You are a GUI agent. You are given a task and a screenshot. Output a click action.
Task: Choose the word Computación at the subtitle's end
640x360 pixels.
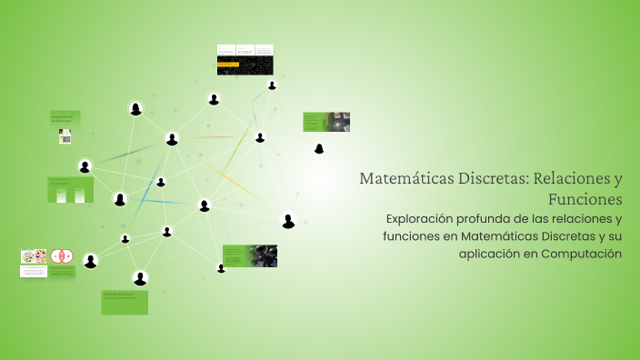pyautogui.click(x=580, y=254)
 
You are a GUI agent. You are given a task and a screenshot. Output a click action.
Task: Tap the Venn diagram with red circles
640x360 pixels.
pyautogui.click(x=62, y=257)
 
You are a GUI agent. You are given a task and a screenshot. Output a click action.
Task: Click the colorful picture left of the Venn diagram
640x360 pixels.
pyautogui.click(x=34, y=257)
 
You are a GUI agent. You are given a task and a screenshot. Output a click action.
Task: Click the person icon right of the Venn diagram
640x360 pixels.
pyautogui.click(x=90, y=262)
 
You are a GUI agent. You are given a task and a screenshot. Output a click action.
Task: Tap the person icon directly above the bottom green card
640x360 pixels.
pyautogui.click(x=140, y=278)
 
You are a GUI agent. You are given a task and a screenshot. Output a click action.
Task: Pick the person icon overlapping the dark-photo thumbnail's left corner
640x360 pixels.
pyautogui.click(x=221, y=268)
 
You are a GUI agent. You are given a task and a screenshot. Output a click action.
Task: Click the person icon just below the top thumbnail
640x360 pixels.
pyautogui.click(x=214, y=99)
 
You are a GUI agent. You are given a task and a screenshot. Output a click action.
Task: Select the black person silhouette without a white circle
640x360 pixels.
pyautogui.click(x=319, y=148)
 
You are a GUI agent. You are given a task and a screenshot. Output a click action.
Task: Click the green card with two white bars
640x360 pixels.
pyautogui.click(x=71, y=189)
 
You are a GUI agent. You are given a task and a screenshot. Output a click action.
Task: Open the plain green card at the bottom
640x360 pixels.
pyautogui.click(x=125, y=303)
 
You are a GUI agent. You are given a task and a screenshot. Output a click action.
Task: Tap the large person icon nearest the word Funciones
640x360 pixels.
pyautogui.click(x=288, y=221)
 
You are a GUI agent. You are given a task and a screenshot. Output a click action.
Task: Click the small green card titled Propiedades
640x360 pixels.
pyautogui.click(x=65, y=119)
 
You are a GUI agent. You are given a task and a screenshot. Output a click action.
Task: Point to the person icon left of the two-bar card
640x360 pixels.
pyautogui.click(x=85, y=166)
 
